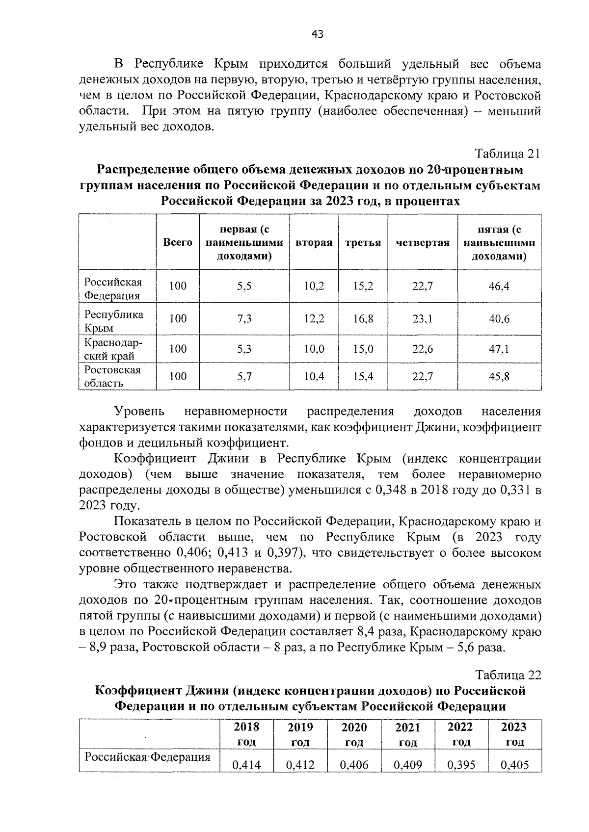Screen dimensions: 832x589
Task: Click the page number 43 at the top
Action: pos(318,34)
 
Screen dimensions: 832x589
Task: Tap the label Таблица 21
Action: pos(508,154)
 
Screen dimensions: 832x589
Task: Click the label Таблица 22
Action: pos(508,675)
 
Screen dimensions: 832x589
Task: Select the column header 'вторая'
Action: pos(314,243)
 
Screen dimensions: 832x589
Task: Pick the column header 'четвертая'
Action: pos(423,243)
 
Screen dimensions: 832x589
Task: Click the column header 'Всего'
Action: pos(178,243)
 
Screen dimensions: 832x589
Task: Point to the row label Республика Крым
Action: pos(114,321)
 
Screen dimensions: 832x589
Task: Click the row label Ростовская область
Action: pos(112,376)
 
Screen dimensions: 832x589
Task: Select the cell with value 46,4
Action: pos(499,286)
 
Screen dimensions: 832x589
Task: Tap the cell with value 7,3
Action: pos(244,319)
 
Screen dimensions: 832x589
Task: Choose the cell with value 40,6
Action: pos(499,319)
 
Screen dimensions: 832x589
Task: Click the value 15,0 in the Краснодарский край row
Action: pos(363,349)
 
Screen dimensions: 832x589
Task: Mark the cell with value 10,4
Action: pos(314,377)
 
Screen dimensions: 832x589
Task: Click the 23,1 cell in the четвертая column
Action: pos(422,319)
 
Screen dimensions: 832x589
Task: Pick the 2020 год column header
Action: pos(354,734)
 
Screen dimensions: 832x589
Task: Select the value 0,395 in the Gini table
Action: pos(461,764)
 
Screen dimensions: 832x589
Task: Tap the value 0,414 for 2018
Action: pos(246,764)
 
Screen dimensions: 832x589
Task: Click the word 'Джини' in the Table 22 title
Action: pos(206,691)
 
